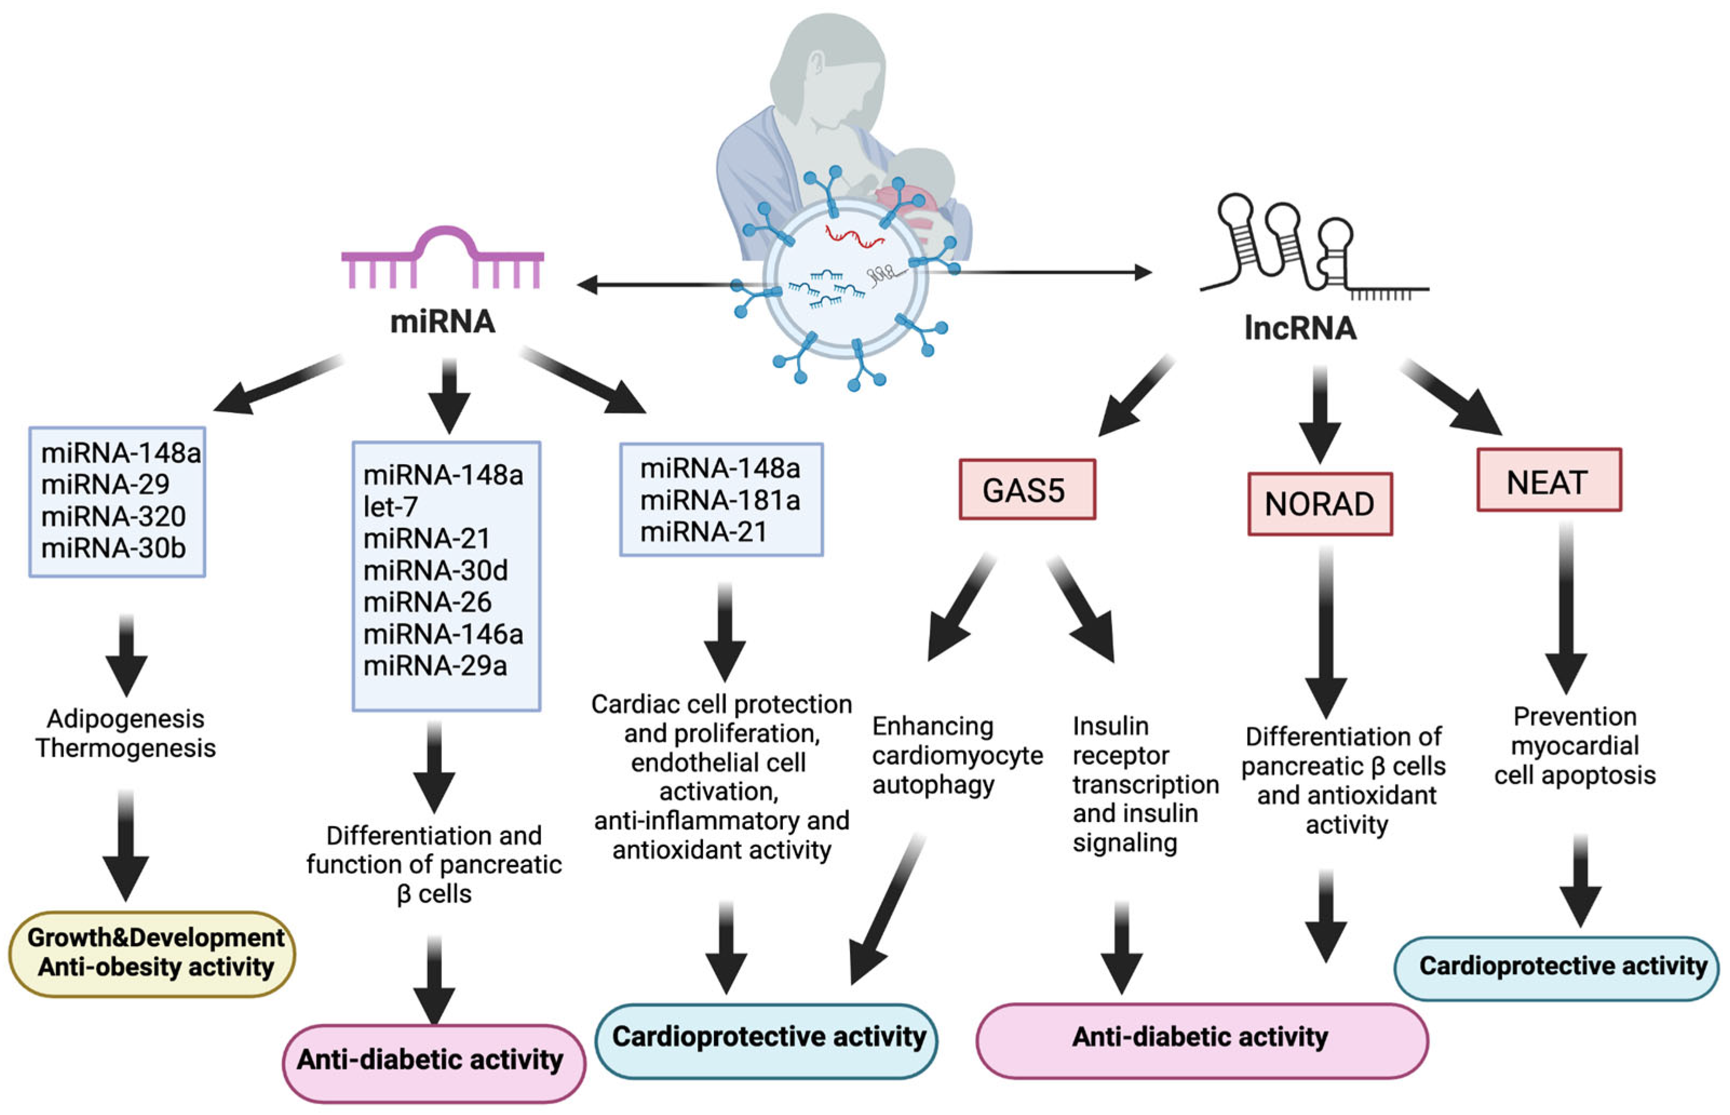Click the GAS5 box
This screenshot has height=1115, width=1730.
pos(1027,489)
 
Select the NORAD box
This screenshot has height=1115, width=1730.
pos(1320,504)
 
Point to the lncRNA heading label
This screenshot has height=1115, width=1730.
pos(1300,328)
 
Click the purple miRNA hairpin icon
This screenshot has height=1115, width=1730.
pos(442,257)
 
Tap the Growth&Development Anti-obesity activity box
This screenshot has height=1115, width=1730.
pos(152,954)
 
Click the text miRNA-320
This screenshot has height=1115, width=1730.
pos(114,516)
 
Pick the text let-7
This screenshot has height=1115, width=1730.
pos(390,507)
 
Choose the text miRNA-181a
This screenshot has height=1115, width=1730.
pos(720,500)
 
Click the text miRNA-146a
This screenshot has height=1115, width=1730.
pos(443,634)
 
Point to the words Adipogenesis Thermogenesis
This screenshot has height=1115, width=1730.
pos(126,733)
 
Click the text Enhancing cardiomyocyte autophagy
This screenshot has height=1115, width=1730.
pos(957,755)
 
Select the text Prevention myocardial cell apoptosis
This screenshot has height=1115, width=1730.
pos(1575,746)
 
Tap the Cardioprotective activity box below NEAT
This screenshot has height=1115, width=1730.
pos(1556,968)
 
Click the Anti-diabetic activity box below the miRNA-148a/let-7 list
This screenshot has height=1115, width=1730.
pos(434,1062)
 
